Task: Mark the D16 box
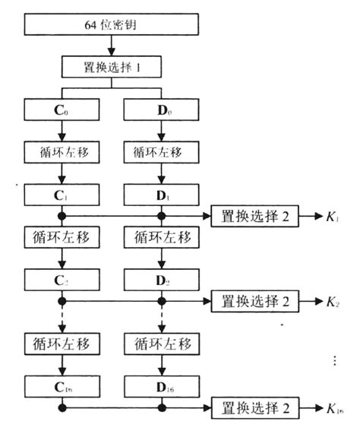(x=160, y=388)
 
